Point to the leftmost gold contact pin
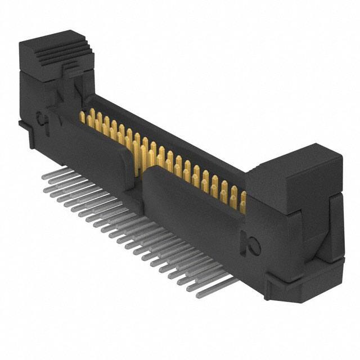pyautogui.click(x=82, y=117)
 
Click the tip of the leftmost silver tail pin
pyautogui.click(x=44, y=176)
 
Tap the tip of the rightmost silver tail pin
pyautogui.click(x=198, y=294)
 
